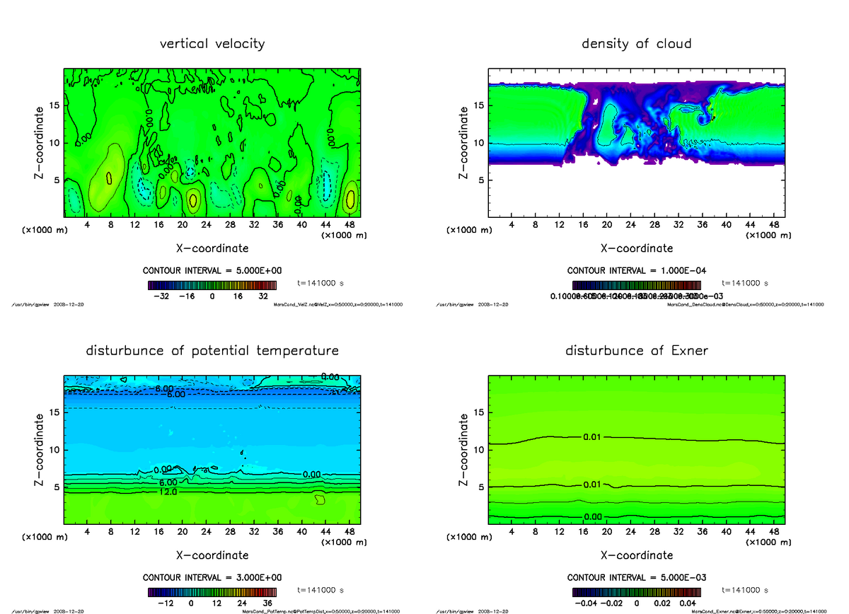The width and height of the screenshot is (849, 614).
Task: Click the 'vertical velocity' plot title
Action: [x=212, y=44]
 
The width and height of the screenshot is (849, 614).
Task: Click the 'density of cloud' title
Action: [x=636, y=44]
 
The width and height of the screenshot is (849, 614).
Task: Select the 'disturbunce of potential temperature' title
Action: [x=212, y=351]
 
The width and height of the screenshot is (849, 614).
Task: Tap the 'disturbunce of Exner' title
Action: [x=636, y=351]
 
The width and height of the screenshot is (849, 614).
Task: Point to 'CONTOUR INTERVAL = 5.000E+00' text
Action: [x=212, y=271]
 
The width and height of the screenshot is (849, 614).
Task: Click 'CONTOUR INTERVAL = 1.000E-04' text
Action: [x=637, y=271]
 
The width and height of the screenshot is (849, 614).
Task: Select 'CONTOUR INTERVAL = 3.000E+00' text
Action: [x=212, y=577]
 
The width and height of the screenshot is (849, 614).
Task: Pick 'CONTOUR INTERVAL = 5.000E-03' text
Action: [x=637, y=577]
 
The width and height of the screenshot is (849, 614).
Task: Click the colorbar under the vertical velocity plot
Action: [x=212, y=285]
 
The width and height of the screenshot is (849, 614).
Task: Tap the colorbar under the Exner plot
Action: [x=637, y=591]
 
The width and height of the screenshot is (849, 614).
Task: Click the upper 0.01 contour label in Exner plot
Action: [x=592, y=437]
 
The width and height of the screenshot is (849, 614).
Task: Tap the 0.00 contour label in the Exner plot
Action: [x=592, y=517]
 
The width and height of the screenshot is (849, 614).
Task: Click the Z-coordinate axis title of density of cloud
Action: [x=464, y=141]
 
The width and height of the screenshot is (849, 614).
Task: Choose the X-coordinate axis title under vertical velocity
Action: [x=212, y=248]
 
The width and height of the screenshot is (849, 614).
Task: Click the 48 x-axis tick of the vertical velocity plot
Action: [x=349, y=225]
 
